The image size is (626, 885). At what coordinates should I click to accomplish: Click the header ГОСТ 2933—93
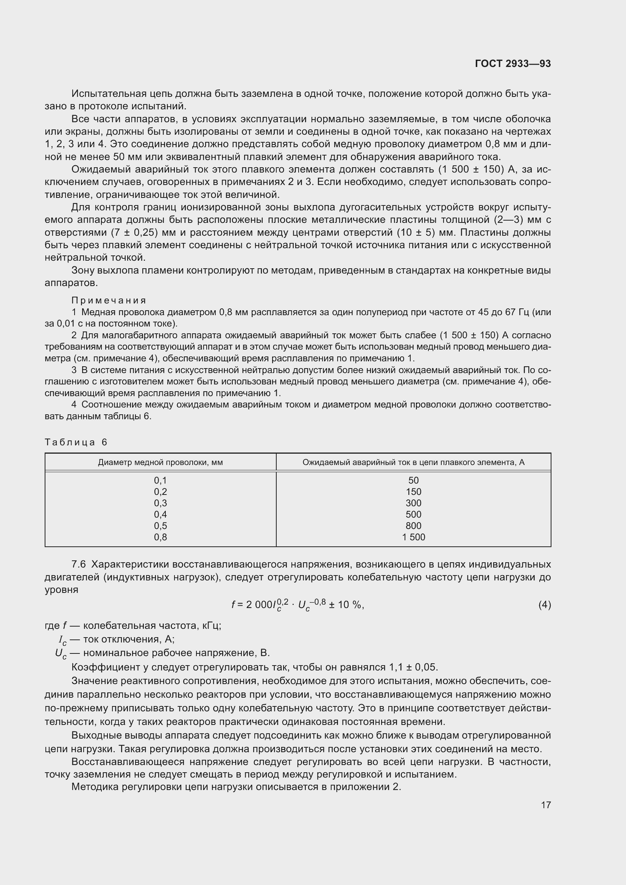tap(513, 64)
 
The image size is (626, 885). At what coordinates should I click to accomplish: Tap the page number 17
tap(546, 805)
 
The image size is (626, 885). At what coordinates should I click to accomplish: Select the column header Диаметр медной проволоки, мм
tap(160, 462)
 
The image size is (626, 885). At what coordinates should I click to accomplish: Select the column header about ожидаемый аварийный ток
tap(413, 462)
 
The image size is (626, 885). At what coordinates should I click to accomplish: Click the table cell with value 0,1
tap(160, 480)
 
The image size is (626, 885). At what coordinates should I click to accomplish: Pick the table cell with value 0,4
tap(160, 514)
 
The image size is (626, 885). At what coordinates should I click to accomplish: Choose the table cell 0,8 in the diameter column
tap(160, 537)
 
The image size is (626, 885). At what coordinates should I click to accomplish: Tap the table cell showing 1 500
tap(413, 537)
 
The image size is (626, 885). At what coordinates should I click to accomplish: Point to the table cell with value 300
tap(413, 503)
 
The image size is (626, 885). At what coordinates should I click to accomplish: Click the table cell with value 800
tap(413, 526)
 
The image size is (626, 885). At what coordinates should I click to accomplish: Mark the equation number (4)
tap(544, 605)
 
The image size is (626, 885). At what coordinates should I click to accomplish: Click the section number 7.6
tap(78, 564)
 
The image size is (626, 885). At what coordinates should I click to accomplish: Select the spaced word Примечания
tap(109, 300)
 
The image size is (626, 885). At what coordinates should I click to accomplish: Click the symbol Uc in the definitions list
tap(61, 653)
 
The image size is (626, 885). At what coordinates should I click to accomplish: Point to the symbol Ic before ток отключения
tap(62, 639)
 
